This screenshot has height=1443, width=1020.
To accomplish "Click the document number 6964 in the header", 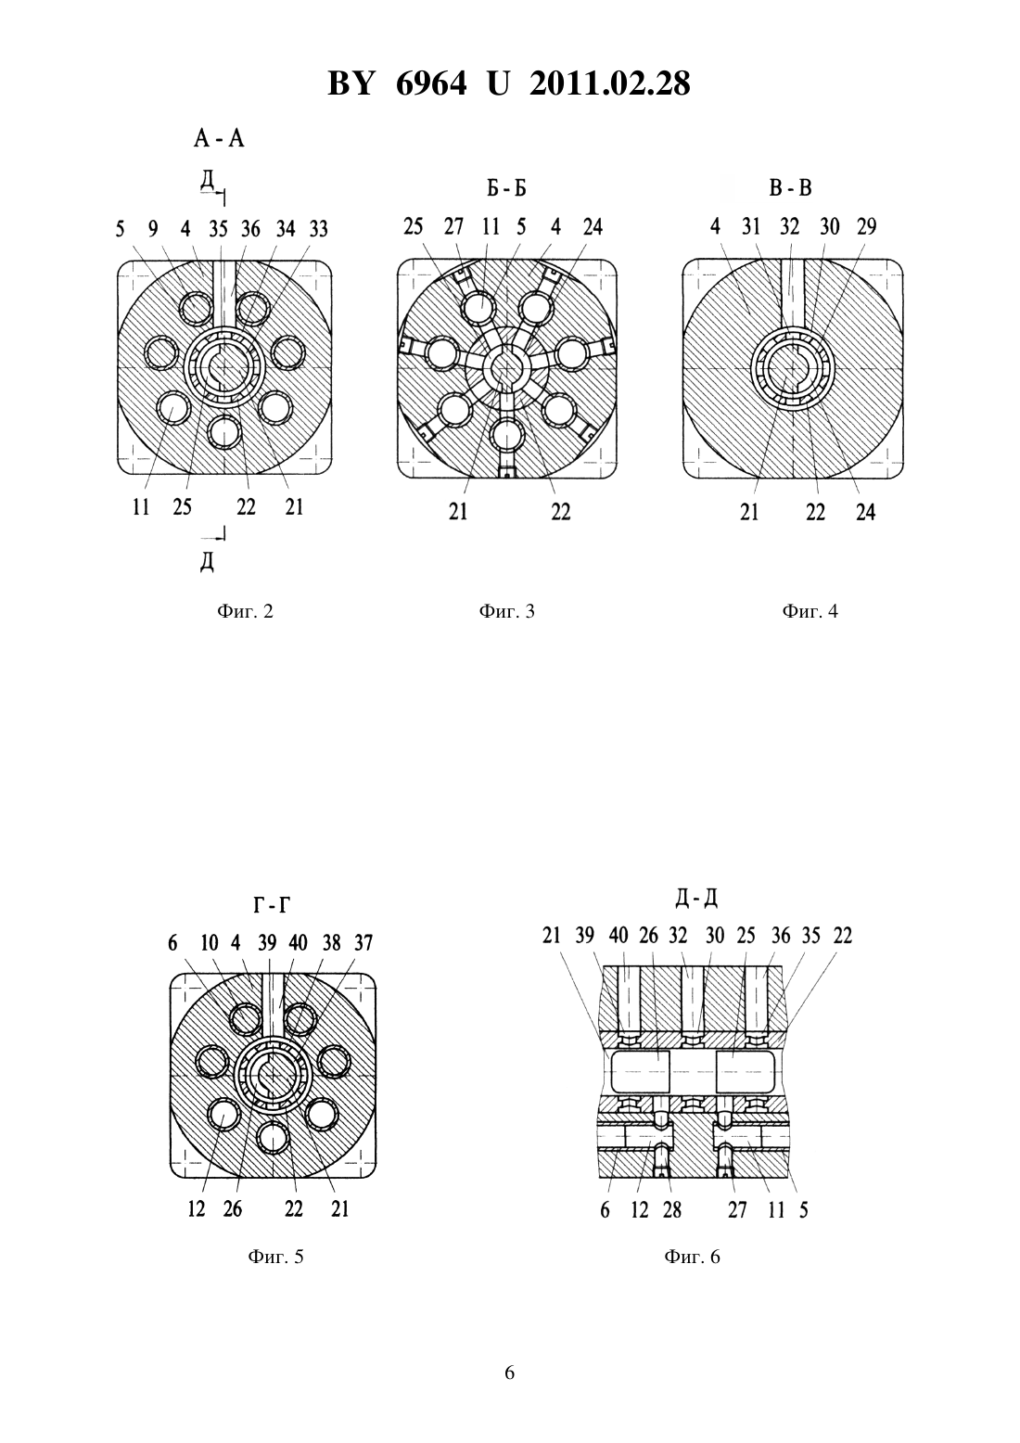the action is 430,83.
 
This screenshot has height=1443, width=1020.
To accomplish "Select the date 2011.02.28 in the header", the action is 609,83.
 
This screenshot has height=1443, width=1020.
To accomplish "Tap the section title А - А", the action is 219,138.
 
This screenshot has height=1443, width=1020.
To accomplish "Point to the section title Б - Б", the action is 507,188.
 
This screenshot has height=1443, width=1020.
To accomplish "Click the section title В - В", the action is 790,188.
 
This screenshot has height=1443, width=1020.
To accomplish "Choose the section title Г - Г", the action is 272,906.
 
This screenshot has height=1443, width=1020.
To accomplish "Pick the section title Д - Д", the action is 696,898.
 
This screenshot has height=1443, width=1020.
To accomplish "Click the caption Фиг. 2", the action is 246,611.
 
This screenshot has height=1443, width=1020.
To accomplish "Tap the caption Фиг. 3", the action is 507,611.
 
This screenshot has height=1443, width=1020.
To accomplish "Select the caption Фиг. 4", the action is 810,611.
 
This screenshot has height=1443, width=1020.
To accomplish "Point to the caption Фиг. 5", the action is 275,1257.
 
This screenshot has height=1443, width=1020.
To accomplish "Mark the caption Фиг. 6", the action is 693,1257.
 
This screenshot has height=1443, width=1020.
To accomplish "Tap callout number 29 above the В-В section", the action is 867,227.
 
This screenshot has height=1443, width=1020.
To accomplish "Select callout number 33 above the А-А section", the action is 318,229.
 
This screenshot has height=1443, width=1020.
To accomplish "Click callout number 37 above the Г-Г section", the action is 363,943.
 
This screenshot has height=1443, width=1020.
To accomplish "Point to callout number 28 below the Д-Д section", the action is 671,1210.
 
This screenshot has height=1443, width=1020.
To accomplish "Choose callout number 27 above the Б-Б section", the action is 453,227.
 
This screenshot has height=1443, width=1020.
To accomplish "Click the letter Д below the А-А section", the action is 207,562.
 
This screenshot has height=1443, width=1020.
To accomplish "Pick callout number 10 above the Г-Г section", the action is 210,943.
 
